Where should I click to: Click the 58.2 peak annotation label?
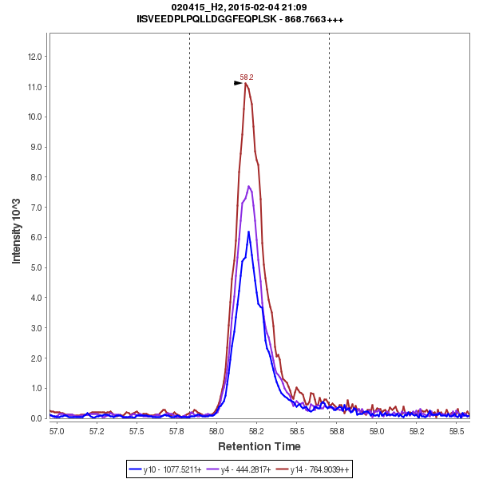[247, 77]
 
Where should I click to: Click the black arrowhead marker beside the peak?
[238, 82]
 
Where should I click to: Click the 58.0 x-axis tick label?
[216, 431]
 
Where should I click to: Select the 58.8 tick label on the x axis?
[337, 431]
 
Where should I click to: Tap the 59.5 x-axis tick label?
[457, 431]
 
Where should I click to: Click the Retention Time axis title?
[259, 446]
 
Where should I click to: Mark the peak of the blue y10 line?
[248, 232]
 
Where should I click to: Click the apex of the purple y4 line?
[249, 186]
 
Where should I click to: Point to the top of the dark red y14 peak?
[247, 83]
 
